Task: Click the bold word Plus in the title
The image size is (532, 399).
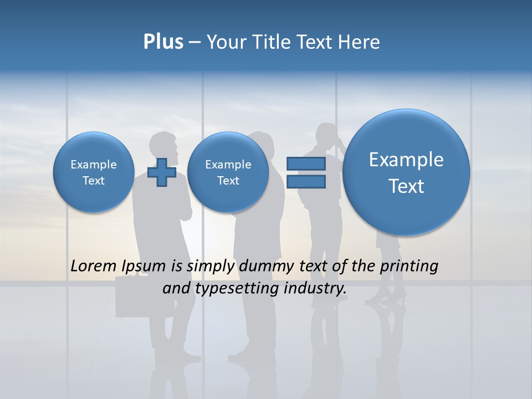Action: (163, 42)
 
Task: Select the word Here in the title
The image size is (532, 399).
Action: (360, 42)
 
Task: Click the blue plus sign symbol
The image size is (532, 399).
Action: (162, 172)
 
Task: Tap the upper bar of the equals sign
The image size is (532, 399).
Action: (306, 164)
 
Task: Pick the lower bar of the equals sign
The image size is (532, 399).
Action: (306, 182)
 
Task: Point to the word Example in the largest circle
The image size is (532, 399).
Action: (406, 160)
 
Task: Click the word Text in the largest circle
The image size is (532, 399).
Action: (406, 186)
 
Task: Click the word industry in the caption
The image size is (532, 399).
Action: (315, 289)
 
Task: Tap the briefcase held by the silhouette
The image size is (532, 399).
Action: (132, 296)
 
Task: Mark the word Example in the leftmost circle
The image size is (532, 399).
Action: (94, 165)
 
